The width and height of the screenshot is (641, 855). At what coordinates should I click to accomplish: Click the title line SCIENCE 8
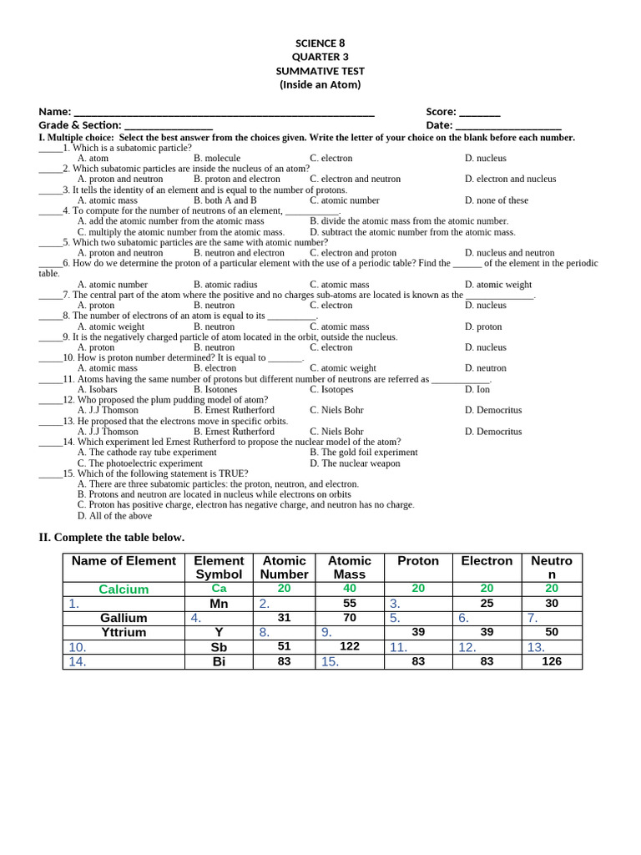click(320, 43)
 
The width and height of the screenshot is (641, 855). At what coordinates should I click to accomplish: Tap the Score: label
click(441, 112)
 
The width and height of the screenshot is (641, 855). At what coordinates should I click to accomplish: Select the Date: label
click(439, 125)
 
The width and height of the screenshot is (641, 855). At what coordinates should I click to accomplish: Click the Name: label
click(55, 112)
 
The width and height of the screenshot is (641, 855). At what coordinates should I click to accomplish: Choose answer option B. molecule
click(217, 158)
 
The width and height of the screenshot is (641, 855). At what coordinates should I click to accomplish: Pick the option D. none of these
click(496, 200)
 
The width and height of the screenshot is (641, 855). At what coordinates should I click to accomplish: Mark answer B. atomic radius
click(225, 285)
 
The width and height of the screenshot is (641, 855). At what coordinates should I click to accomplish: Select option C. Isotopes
click(331, 389)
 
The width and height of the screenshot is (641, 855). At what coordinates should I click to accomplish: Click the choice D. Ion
click(477, 389)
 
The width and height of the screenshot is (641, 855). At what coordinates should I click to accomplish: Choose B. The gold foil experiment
click(363, 453)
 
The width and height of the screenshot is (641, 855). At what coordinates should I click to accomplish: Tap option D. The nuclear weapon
click(355, 463)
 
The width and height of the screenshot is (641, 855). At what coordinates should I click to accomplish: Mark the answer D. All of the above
click(114, 516)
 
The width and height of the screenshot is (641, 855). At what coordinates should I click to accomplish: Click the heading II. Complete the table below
click(111, 537)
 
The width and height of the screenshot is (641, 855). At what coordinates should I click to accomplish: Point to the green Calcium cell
click(124, 589)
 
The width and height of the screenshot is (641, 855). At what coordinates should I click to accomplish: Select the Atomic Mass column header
click(350, 568)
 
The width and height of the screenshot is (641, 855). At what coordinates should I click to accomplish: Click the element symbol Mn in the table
click(219, 604)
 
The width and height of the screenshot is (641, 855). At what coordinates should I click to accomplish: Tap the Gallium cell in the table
click(124, 618)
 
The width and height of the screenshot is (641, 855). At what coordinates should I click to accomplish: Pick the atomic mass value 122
click(350, 646)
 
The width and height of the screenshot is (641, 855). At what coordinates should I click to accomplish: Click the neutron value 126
click(552, 661)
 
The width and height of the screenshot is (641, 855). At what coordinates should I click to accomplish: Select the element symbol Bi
click(219, 661)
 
